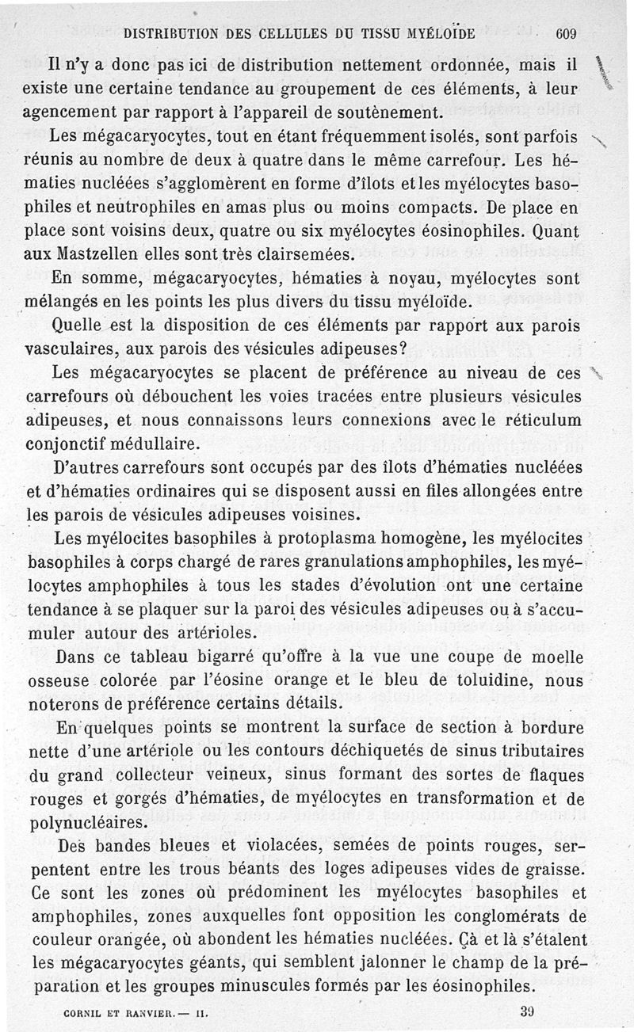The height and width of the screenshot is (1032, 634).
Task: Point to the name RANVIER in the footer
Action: click(143, 1012)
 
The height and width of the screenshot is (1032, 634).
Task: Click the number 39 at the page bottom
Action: click(529, 1011)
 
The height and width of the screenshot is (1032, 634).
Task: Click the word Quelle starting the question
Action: click(76, 325)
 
